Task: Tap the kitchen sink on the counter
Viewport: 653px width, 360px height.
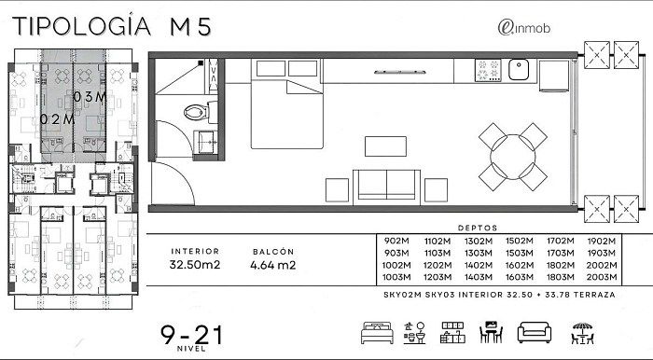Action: coord(519,70)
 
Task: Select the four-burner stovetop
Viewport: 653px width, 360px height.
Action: coord(488,70)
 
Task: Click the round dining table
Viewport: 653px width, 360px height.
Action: coord(513,157)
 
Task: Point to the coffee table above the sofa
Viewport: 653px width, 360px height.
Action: coord(385,146)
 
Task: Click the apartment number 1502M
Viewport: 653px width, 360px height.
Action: coord(520,241)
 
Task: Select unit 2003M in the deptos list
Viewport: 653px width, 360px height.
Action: coord(602,277)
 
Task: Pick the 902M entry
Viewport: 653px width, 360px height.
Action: coord(396,241)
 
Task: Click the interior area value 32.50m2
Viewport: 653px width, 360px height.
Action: coord(194,264)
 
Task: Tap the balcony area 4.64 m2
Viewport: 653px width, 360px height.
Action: coord(272,265)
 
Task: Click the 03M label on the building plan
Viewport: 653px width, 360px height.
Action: coord(90,97)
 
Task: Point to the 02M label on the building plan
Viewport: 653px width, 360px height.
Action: coord(57,119)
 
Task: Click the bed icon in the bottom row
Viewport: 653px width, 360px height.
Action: coord(377,333)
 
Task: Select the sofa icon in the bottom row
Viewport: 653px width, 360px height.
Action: coord(535,333)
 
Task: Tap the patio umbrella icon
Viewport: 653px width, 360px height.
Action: coord(582,333)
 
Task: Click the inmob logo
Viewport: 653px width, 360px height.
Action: coord(524,28)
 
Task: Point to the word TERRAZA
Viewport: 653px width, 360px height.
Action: coord(594,295)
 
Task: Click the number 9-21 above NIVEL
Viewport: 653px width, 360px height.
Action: coord(192,335)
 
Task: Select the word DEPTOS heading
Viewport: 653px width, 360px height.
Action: coord(478,228)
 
